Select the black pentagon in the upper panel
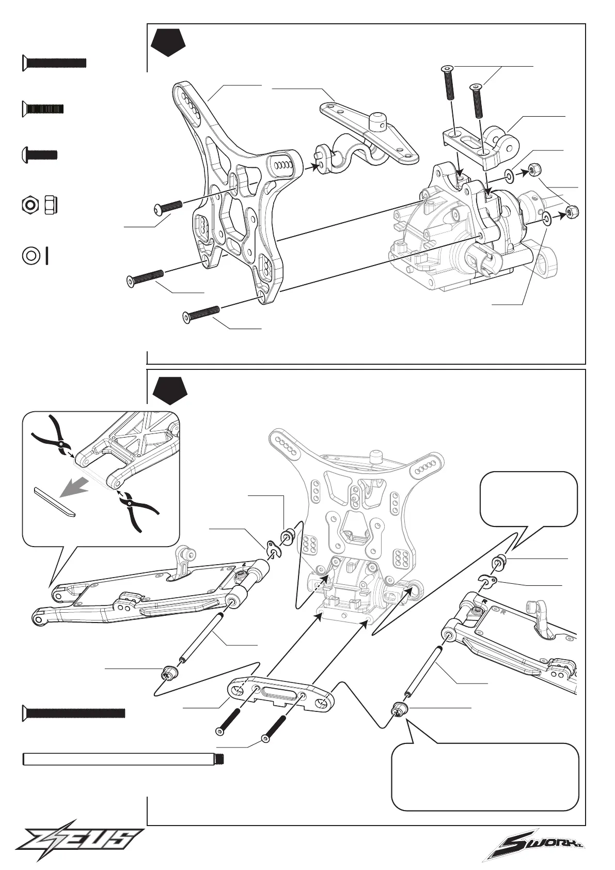(x=168, y=44)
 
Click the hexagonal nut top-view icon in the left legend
(x=30, y=205)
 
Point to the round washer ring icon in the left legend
(x=30, y=255)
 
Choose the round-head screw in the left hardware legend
(x=39, y=154)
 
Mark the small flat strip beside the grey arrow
(x=54, y=500)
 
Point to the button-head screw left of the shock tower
(x=168, y=207)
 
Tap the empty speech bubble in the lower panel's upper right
(x=528, y=498)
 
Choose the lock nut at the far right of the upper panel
(x=572, y=211)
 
